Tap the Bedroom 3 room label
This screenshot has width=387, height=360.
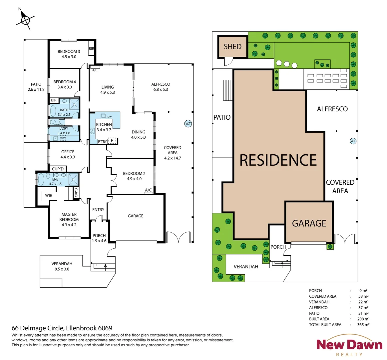coord(69,54)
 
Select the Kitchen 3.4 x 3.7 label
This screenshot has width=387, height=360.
coord(104,127)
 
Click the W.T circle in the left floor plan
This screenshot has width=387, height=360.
coord(188,124)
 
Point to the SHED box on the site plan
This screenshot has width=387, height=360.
coord(232,47)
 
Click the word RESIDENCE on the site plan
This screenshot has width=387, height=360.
coord(278,160)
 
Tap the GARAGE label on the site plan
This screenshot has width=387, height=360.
coord(309,223)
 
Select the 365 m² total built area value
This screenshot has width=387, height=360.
coord(363,325)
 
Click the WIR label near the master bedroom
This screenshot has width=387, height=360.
coord(49,195)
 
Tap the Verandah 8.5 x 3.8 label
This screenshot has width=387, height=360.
coord(62,266)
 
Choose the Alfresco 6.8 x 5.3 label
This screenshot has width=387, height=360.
coord(161,87)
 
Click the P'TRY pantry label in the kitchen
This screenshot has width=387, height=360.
coord(102,142)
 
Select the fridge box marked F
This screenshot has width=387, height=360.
coord(112,141)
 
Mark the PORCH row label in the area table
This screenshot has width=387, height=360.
coord(315,291)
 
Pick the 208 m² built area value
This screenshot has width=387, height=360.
coord(363,319)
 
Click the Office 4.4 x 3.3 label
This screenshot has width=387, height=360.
coord(68,154)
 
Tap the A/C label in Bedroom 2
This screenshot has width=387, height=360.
coord(148,190)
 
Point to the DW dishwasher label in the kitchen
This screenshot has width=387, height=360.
coord(109,117)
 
